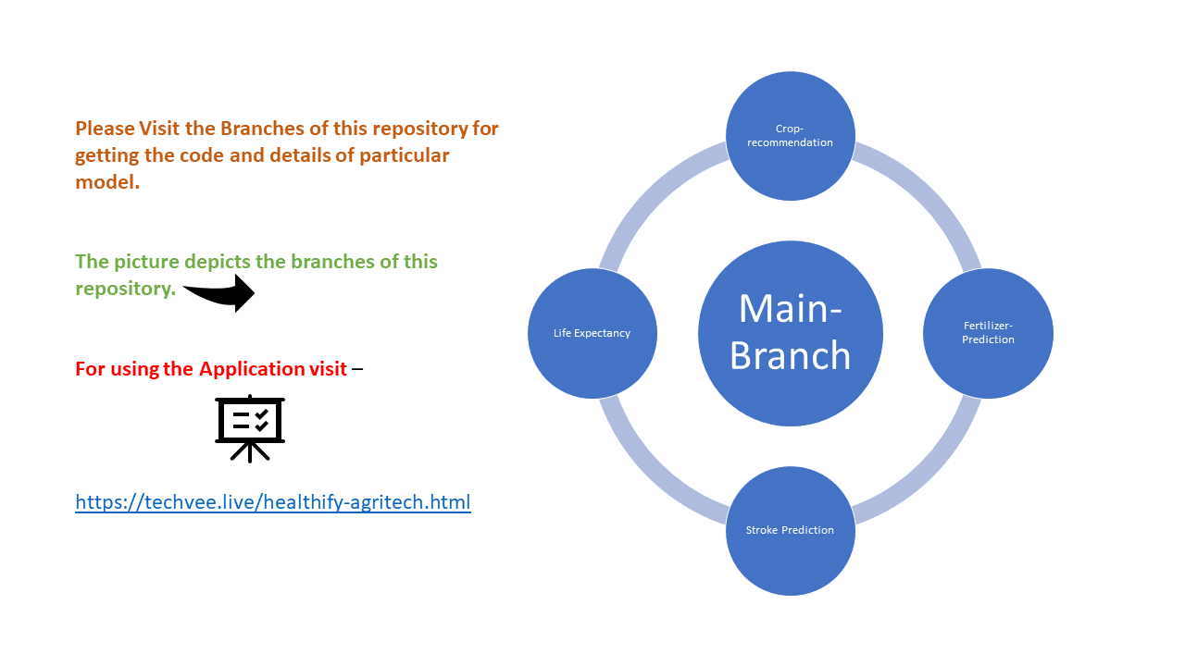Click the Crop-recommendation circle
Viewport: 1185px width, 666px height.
790,136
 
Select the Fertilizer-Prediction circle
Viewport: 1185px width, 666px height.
988,333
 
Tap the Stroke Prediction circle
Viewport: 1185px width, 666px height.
790,530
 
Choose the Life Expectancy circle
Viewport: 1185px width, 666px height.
592,333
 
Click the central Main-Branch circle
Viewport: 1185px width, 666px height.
790,333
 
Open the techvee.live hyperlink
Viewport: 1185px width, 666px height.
273,502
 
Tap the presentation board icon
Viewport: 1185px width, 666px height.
250,427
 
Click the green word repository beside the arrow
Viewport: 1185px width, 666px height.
124,288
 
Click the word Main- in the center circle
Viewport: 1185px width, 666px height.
790,307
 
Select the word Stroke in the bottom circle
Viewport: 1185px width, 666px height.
764,530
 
